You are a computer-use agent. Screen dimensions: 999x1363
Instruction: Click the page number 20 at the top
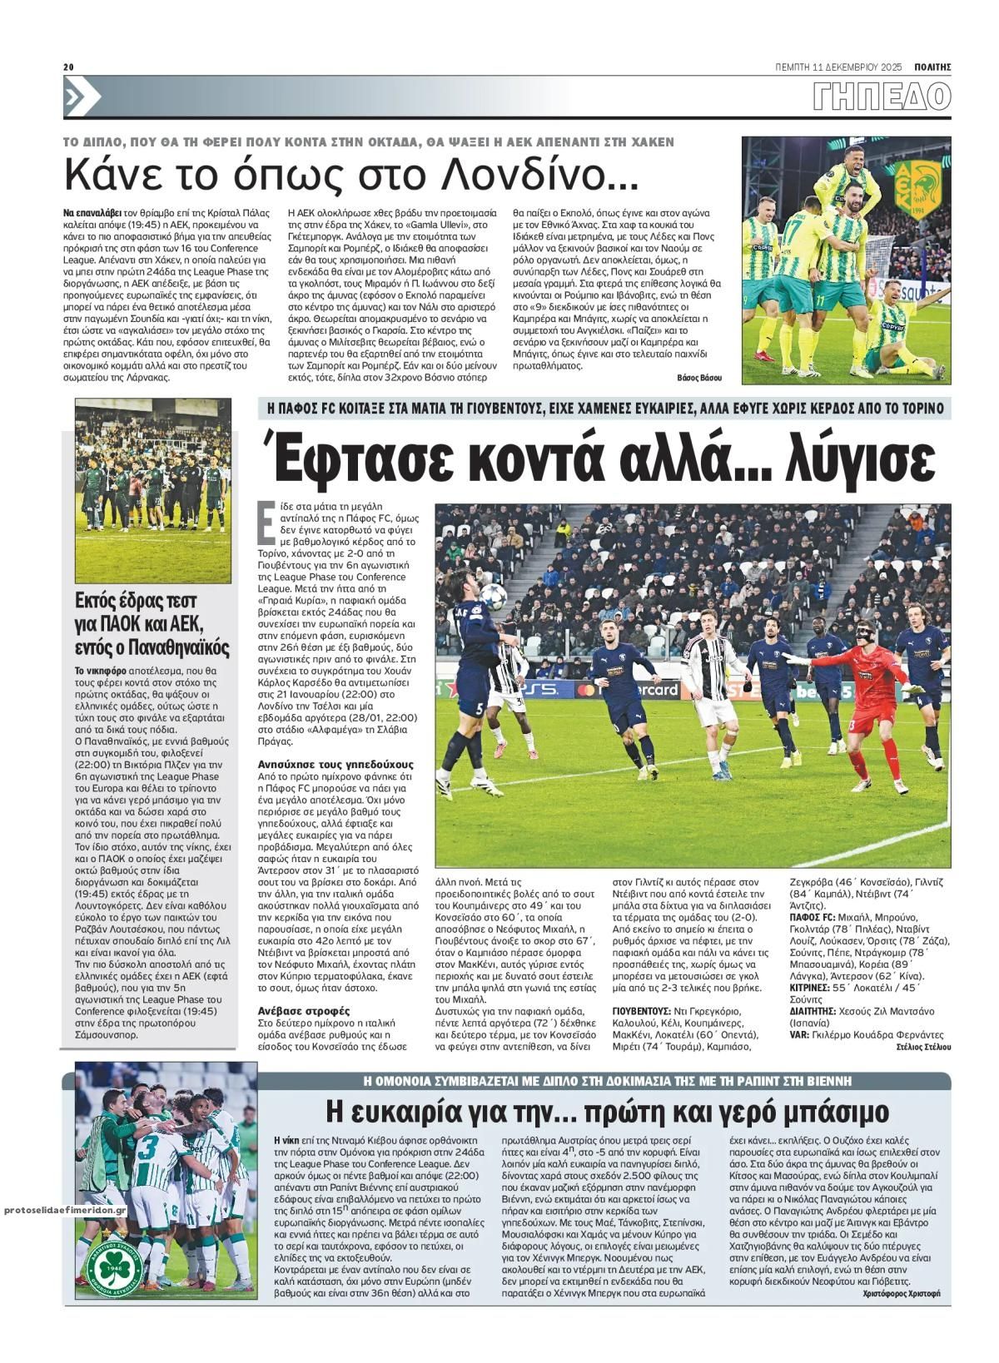[69, 67]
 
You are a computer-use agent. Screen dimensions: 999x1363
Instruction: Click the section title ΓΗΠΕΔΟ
[883, 97]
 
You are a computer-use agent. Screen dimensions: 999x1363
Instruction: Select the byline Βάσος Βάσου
[700, 378]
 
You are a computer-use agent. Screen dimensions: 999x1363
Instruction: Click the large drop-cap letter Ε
[268, 525]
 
